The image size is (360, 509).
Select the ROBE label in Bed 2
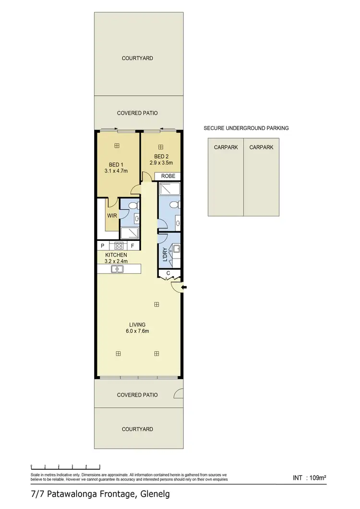(x=168, y=176)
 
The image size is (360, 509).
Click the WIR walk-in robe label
(x=112, y=215)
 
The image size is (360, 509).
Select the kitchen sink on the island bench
(x=118, y=269)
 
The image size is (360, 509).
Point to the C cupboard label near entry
(x=168, y=274)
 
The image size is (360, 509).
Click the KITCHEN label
(x=116, y=255)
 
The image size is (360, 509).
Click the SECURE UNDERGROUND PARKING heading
(x=246, y=128)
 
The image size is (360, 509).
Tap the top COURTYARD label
(x=137, y=58)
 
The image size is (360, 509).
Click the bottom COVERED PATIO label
(x=137, y=395)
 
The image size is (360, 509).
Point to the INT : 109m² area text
(x=310, y=478)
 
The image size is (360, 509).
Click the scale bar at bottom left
(x=65, y=466)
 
